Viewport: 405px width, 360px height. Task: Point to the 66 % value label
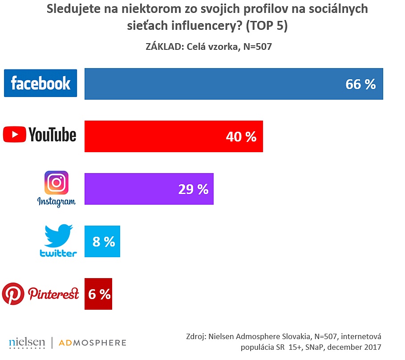click(x=360, y=84)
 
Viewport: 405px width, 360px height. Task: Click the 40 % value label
click(x=241, y=137)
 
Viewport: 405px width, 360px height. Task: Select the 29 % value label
click(x=193, y=189)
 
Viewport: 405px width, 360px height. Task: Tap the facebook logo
click(x=40, y=83)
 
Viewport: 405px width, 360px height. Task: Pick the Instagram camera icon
click(x=57, y=183)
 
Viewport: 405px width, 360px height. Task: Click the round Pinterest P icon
click(x=13, y=293)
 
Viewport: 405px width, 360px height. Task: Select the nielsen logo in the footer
click(x=27, y=342)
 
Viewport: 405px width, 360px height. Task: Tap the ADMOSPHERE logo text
click(x=93, y=343)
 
